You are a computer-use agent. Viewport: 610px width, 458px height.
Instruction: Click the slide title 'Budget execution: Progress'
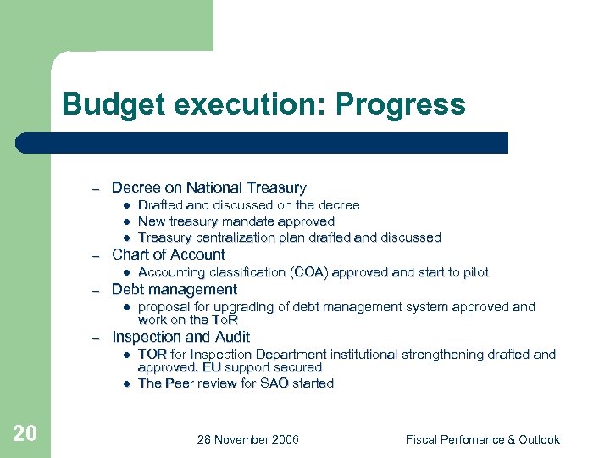(x=263, y=104)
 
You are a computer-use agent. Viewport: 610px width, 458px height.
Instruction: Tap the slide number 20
(x=25, y=434)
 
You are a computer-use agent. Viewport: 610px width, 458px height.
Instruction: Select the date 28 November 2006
(x=247, y=439)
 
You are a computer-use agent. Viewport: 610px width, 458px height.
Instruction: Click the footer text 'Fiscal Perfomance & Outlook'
(x=482, y=439)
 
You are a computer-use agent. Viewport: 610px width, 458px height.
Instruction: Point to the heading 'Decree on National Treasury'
(x=208, y=187)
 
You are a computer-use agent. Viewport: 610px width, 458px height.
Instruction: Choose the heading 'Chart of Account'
(x=169, y=254)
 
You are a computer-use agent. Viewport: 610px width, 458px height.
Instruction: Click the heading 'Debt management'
(x=175, y=289)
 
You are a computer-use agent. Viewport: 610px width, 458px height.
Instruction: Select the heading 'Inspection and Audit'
(x=181, y=337)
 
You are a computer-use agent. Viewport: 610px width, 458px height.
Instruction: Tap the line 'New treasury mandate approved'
(x=236, y=221)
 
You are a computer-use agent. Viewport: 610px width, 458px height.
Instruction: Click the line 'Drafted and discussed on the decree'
(x=248, y=205)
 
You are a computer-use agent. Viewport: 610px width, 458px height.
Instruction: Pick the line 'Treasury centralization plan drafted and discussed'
(x=289, y=237)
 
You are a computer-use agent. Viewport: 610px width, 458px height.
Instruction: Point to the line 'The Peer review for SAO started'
(x=236, y=383)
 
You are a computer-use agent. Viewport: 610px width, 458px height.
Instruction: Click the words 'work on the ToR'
(x=187, y=320)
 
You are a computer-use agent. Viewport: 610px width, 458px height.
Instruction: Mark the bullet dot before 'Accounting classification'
(x=125, y=273)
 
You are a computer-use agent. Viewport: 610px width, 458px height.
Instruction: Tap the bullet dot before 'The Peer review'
(x=125, y=384)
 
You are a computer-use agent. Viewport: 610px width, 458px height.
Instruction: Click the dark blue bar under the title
(x=263, y=142)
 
